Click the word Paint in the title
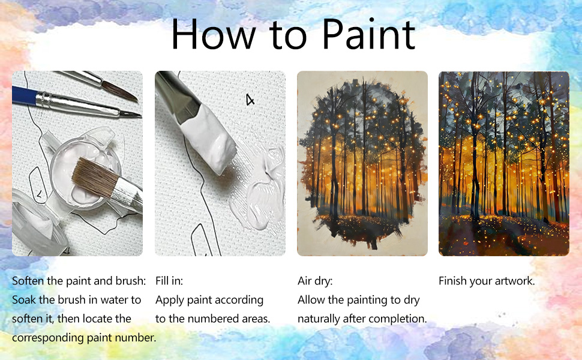pos(368,34)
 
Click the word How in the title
pos(214,34)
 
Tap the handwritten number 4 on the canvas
pos(250,99)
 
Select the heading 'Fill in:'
pos(169,281)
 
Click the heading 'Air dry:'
pos(315,281)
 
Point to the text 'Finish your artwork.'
pos(487,281)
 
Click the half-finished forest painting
pos(362,163)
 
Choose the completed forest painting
pos(503,163)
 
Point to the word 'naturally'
pos(319,319)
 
